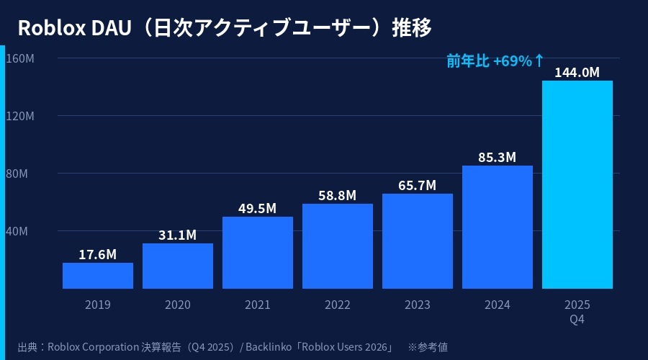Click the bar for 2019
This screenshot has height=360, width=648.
pyautogui.click(x=98, y=276)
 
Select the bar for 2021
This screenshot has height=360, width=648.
pyautogui.click(x=258, y=253)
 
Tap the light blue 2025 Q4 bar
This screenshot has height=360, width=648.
pyautogui.click(x=577, y=184)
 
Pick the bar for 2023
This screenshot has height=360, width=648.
pyautogui.click(x=418, y=241)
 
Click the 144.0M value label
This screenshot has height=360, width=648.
pyautogui.click(x=577, y=72)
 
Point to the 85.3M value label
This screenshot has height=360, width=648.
pyautogui.click(x=498, y=157)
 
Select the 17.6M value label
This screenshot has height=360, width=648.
pyautogui.click(x=98, y=254)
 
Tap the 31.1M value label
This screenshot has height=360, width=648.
pyautogui.click(x=178, y=235)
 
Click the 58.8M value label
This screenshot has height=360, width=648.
pyautogui.click(x=338, y=195)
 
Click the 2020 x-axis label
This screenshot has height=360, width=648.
pyautogui.click(x=178, y=305)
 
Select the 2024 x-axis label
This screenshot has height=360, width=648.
pyautogui.click(x=498, y=305)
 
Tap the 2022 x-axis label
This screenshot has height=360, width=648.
pyautogui.click(x=338, y=305)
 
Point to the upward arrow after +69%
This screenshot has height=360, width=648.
pyautogui.click(x=539, y=61)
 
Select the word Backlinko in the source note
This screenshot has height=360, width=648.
pyautogui.click(x=270, y=346)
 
